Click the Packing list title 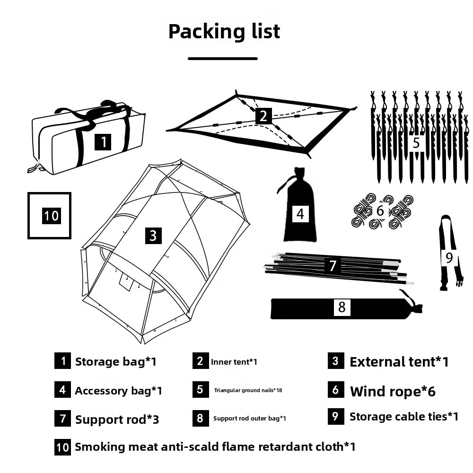[224, 32]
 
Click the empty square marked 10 [50, 216]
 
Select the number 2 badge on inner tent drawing [263, 116]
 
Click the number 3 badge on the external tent [153, 236]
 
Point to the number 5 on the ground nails [416, 143]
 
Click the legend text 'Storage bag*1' [115, 362]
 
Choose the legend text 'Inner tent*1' [234, 362]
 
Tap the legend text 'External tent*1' [399, 362]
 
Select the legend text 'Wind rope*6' [393, 391]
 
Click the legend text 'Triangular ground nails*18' [248, 390]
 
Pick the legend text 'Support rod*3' [117, 420]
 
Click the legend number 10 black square [62, 447]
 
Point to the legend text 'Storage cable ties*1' [404, 417]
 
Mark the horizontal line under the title [223, 59]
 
